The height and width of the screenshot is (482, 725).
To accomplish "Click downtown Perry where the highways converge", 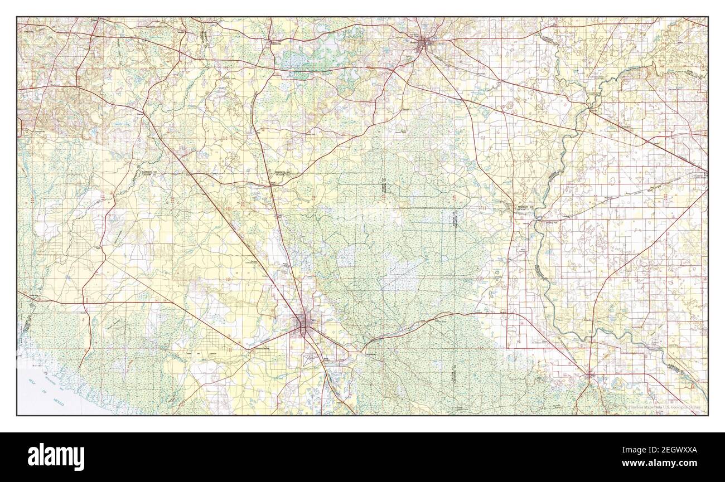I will pos(304,322).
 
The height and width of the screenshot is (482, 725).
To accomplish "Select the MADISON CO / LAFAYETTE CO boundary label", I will pos(524,208).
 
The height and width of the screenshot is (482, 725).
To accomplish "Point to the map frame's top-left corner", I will pos(17,17).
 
